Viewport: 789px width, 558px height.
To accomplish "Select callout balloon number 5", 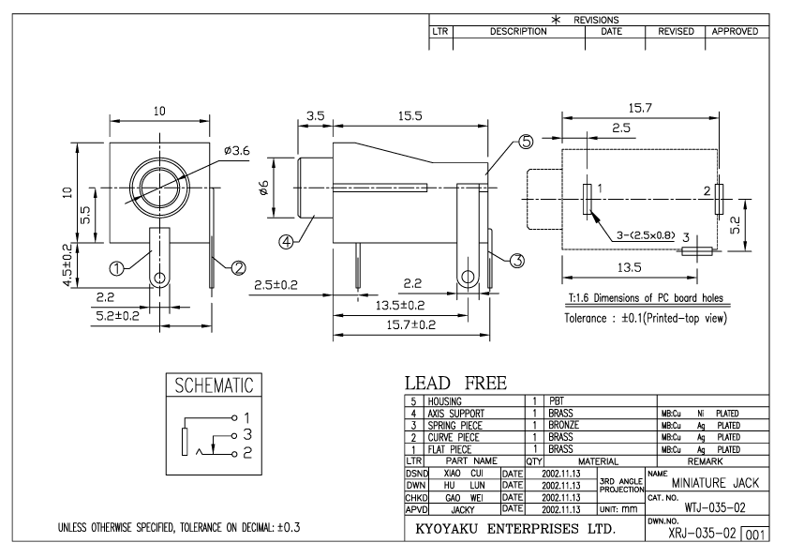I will click(x=525, y=143).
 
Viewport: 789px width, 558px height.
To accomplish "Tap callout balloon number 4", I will click(x=287, y=241).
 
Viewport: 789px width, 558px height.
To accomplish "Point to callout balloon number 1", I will click(x=118, y=268).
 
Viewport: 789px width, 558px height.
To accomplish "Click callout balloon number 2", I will click(x=238, y=268).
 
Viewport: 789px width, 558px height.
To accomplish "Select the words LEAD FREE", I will click(x=456, y=384).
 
